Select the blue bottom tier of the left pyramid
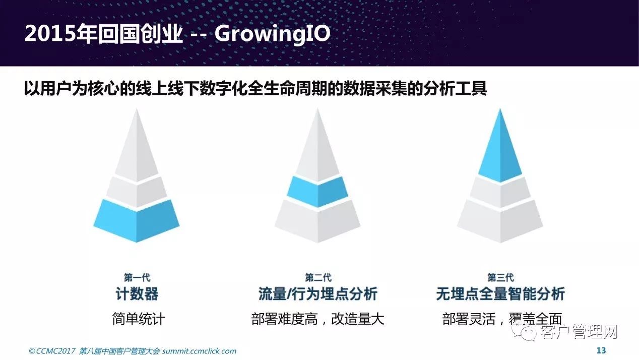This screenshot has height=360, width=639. (137, 220)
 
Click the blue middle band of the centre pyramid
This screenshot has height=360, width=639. (317, 191)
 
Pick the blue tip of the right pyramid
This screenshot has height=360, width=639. (500, 148)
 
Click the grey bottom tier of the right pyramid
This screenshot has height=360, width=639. (500, 221)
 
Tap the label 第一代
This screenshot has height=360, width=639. (137, 277)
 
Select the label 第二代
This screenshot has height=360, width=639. (318, 277)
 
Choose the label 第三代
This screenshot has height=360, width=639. (500, 277)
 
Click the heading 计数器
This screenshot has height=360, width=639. (137, 294)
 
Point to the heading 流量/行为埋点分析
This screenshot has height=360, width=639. (318, 294)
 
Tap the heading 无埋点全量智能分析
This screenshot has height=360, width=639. (500, 294)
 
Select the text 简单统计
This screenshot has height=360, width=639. (139, 319)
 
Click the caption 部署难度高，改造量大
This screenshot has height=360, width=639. (317, 319)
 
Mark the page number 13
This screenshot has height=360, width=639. (601, 350)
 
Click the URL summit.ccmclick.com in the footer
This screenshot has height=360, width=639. (199, 351)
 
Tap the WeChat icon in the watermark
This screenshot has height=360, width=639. (525, 332)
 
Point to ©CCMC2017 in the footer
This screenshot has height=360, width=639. (52, 351)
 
